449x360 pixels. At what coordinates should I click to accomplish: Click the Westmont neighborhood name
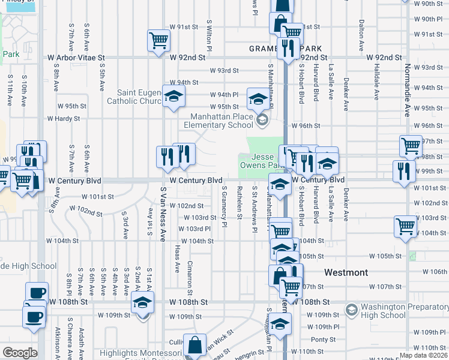346,272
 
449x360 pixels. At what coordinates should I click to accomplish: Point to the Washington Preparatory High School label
393,311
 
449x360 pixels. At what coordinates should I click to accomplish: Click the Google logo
20,353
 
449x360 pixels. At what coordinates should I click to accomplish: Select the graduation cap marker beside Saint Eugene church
173,97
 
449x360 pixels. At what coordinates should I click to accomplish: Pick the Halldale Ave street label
377,82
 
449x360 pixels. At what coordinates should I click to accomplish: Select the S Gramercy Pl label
224,206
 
